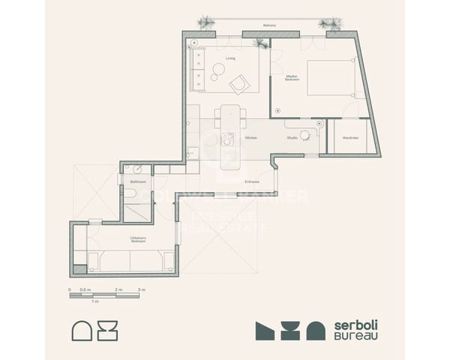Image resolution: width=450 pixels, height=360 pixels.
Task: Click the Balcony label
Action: pyautogui.click(x=269, y=25)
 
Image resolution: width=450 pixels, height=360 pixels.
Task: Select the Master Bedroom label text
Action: pyautogui.click(x=292, y=76)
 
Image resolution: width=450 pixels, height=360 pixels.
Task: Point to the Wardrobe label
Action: pyautogui.click(x=351, y=138)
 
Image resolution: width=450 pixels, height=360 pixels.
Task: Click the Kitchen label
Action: pyautogui.click(x=251, y=138)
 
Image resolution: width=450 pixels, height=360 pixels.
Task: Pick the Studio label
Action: pyautogui.click(x=292, y=138)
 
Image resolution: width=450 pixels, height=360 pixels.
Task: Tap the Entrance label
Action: pyautogui.click(x=252, y=181)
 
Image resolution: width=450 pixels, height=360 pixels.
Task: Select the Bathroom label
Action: pyautogui.click(x=137, y=181)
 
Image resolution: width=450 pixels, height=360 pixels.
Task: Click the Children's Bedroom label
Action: pyautogui.click(x=138, y=240)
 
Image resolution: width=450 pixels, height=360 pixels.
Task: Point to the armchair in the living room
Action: pyautogui.click(x=240, y=84)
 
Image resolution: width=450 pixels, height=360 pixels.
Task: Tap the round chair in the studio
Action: pyautogui.click(x=305, y=135)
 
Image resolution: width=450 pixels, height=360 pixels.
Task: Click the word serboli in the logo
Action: pyautogui.click(x=355, y=324)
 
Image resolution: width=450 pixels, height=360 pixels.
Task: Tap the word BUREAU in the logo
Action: pyautogui.click(x=355, y=336)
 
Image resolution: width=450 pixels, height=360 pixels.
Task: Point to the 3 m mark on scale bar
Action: pyautogui.click(x=142, y=289)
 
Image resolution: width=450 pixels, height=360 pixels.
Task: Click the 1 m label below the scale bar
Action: pyautogui.click(x=94, y=301)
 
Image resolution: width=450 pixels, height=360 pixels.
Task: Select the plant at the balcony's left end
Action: pyautogui.click(x=205, y=22)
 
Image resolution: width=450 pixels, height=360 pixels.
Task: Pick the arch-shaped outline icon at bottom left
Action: pyautogui.click(x=82, y=330)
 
